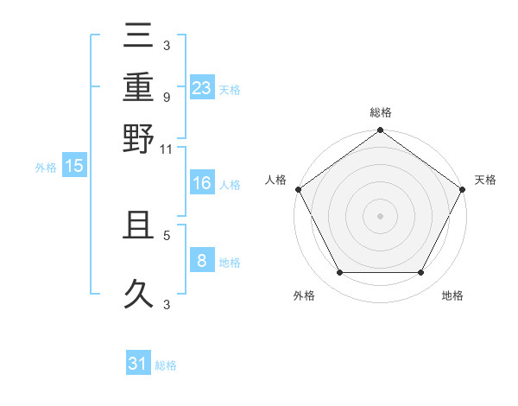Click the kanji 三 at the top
[x=138, y=39]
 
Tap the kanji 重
[x=138, y=89]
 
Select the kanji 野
[x=138, y=138]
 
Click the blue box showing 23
[x=202, y=87]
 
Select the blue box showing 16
[x=202, y=183]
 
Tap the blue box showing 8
[x=202, y=261]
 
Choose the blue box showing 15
[x=74, y=166]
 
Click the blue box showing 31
[x=138, y=364]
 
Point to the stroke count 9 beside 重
[x=166, y=97]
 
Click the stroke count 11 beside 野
[x=166, y=149]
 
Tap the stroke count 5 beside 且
[x=166, y=234]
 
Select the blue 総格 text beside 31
[x=166, y=365]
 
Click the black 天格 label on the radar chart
[x=485, y=180]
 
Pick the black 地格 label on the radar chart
[x=452, y=296]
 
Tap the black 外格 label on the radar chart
[x=304, y=296]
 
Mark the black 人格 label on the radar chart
[x=276, y=180]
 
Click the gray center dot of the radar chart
[x=380, y=216]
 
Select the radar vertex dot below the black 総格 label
[x=380, y=131]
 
